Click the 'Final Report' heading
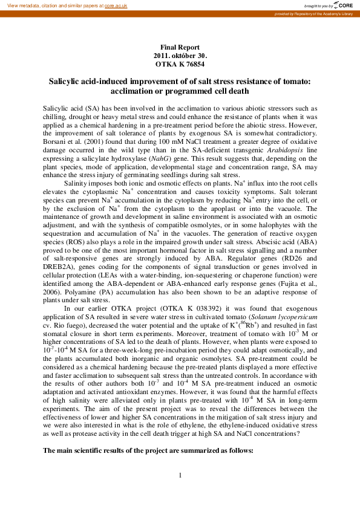click(x=180, y=47)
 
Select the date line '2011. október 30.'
click(x=180, y=55)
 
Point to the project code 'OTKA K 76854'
click(x=180, y=63)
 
